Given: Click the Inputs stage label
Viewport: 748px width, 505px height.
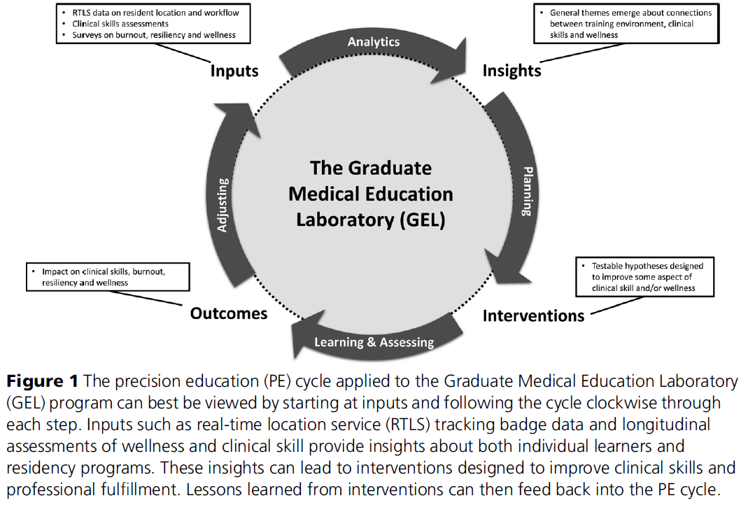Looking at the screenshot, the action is pos(234,71).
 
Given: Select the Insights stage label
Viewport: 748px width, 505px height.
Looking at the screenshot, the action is pos(511,71).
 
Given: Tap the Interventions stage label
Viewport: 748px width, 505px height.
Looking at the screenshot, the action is pos(533,315).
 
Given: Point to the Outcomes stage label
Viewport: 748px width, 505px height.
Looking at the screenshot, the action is pos(229,313).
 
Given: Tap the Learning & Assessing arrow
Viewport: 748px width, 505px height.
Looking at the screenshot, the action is pos(374,342).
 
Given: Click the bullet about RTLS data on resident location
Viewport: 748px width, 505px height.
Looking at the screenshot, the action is pos(157,12).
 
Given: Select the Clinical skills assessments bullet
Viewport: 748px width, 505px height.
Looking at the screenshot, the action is pos(120,23).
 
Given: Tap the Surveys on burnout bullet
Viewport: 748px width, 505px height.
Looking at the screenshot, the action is pos(154,34).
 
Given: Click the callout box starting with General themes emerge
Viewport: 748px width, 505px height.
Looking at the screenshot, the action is pos(627,23).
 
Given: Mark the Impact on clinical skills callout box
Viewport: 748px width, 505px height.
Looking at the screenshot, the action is pos(108,276).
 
